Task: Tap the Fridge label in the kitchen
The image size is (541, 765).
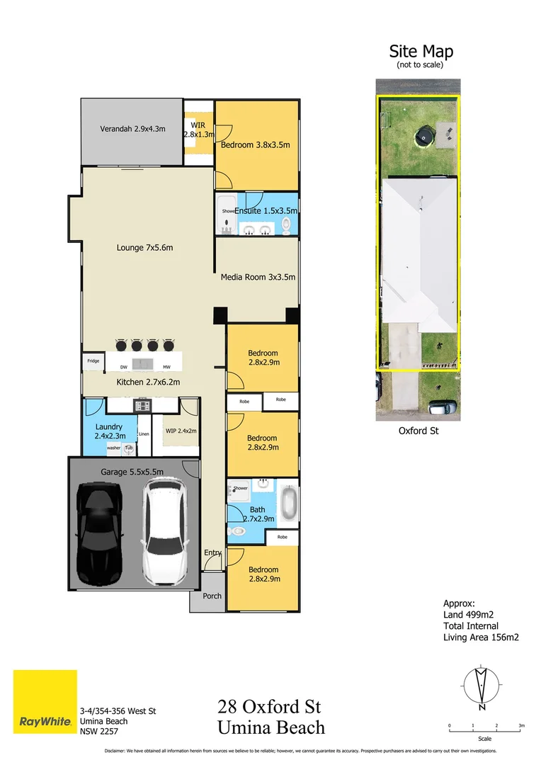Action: click(x=93, y=361)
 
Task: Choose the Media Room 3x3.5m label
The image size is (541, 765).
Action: click(x=257, y=277)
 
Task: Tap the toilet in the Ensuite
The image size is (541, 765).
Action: click(x=286, y=225)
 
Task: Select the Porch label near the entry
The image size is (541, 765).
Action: click(x=212, y=596)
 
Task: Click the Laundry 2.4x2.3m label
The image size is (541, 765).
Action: click(x=108, y=431)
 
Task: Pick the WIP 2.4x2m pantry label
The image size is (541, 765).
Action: click(x=181, y=431)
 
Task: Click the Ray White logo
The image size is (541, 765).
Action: click(x=45, y=702)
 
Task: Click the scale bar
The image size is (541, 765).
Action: click(x=485, y=727)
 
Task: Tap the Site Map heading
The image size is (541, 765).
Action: click(x=421, y=52)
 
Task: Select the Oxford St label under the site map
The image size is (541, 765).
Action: click(x=419, y=430)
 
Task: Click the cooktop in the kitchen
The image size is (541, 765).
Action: click(x=143, y=406)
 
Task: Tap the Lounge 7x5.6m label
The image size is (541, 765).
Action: click(x=144, y=248)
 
